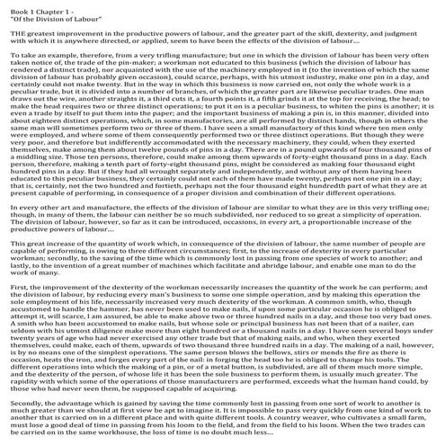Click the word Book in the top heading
[x=18, y=7]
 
